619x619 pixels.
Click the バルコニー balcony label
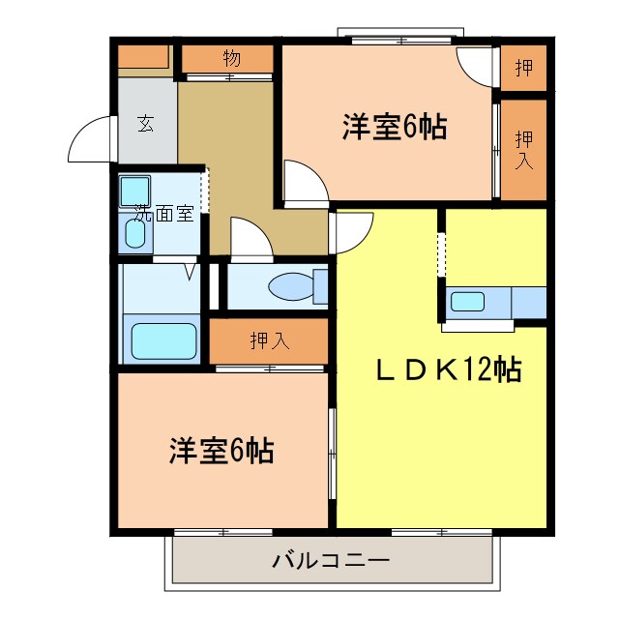point(331,561)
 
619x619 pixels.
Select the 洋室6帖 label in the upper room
point(394,128)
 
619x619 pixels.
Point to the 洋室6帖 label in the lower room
point(221,450)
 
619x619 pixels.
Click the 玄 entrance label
point(145,123)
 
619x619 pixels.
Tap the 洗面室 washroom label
point(163,214)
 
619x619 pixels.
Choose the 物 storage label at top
point(231,58)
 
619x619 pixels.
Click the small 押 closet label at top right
point(523,67)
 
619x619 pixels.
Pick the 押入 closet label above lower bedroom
point(268,340)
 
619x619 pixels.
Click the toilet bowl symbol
point(291,287)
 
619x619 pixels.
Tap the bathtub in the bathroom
point(163,340)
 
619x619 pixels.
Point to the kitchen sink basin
point(467,301)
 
